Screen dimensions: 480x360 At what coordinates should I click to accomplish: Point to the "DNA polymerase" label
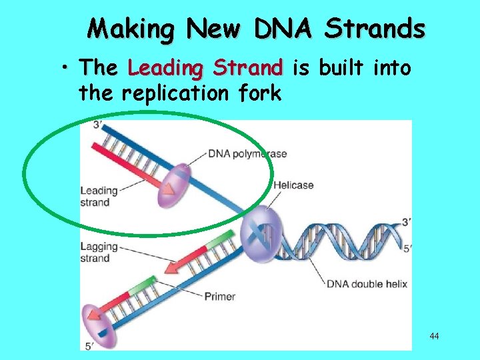pyautogui.click(x=247, y=154)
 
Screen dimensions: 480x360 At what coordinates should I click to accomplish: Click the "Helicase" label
pyautogui.click(x=293, y=185)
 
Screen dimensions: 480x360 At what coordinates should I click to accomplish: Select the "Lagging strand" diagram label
pyautogui.click(x=99, y=253)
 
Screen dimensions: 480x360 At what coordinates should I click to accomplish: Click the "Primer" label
pyautogui.click(x=220, y=296)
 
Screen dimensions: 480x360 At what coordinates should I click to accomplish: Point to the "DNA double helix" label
pyautogui.click(x=367, y=284)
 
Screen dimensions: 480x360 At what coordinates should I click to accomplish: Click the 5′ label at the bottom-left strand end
pyautogui.click(x=89, y=346)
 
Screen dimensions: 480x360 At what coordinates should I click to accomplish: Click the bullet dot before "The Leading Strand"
pyautogui.click(x=69, y=69)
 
